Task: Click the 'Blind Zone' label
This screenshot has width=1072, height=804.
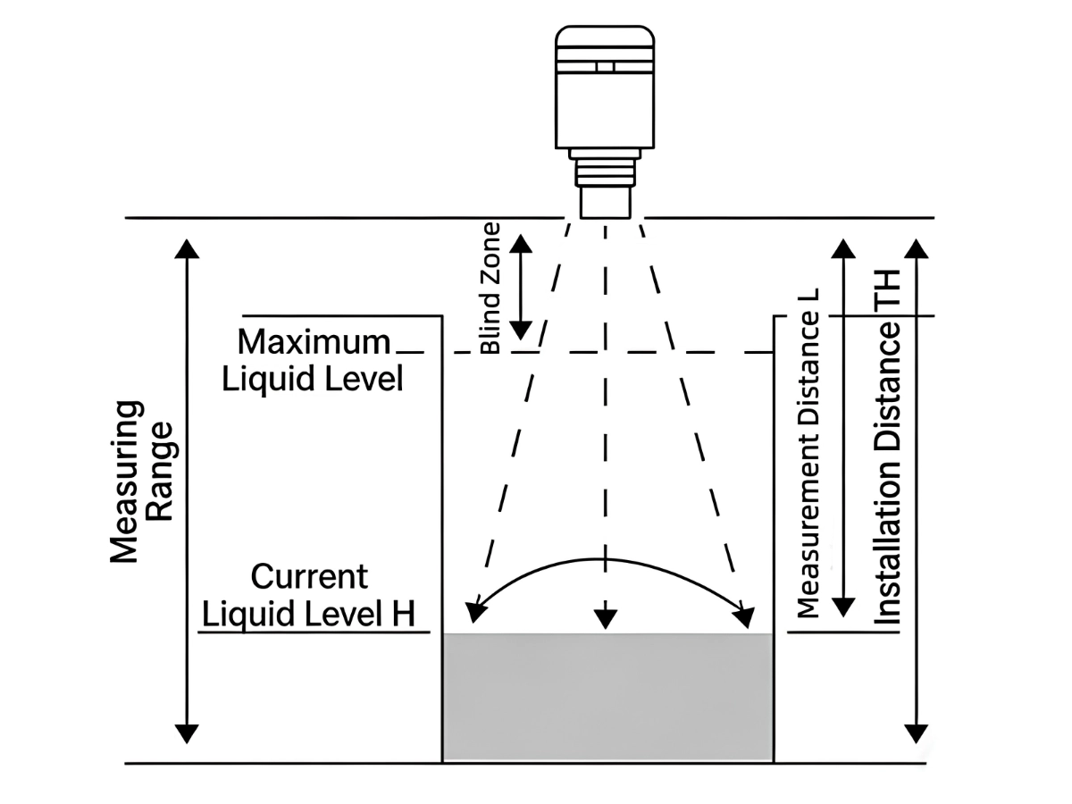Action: pyautogui.click(x=490, y=288)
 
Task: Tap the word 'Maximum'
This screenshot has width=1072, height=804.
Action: pyautogui.click(x=314, y=342)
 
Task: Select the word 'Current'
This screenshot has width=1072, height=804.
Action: pyautogui.click(x=309, y=576)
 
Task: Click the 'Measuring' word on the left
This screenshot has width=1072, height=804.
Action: pyautogui.click(x=125, y=482)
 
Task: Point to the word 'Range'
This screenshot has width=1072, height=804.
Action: pyautogui.click(x=160, y=472)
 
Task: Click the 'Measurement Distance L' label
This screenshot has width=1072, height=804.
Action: pyautogui.click(x=808, y=454)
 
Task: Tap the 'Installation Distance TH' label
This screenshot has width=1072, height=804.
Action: pyautogui.click(x=886, y=447)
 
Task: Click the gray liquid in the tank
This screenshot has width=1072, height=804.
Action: pyautogui.click(x=607, y=697)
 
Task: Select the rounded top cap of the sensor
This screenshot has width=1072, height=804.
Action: pyautogui.click(x=605, y=37)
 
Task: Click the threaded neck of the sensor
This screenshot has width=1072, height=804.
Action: pyautogui.click(x=605, y=172)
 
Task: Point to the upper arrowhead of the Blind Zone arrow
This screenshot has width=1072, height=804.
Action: pyautogui.click(x=521, y=244)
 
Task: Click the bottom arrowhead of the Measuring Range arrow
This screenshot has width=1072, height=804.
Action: pyautogui.click(x=187, y=734)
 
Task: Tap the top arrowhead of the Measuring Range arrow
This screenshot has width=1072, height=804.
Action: pyautogui.click(x=187, y=249)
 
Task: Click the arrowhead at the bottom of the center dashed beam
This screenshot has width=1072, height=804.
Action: pyautogui.click(x=606, y=619)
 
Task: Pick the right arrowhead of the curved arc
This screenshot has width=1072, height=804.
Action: pyautogui.click(x=744, y=617)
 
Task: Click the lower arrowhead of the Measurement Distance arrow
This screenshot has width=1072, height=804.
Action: pyautogui.click(x=843, y=607)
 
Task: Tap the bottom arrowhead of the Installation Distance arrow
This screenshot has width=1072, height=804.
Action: pyautogui.click(x=916, y=734)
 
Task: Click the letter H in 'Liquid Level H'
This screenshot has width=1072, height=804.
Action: pyautogui.click(x=404, y=614)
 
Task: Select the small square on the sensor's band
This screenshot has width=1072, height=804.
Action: pyautogui.click(x=605, y=66)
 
